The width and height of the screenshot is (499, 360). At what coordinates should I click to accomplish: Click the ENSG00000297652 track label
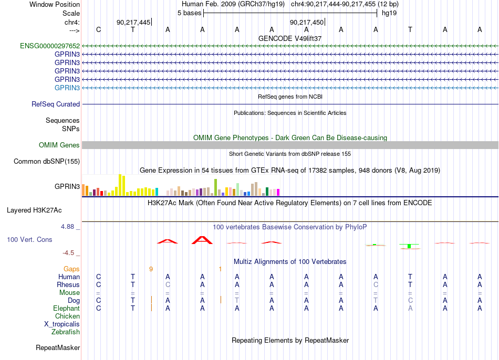click(x=50, y=46)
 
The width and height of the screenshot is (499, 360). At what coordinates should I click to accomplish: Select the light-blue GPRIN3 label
click(x=67, y=88)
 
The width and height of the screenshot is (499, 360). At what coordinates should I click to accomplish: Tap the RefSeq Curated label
click(x=56, y=104)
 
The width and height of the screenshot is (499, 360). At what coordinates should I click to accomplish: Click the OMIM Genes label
click(x=59, y=145)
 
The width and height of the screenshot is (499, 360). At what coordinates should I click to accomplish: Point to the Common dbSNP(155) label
click(x=47, y=161)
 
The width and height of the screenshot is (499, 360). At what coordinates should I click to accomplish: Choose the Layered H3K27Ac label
click(x=34, y=210)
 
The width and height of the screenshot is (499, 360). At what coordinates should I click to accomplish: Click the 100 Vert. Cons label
click(x=29, y=239)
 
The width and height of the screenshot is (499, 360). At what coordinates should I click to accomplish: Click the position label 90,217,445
click(x=133, y=22)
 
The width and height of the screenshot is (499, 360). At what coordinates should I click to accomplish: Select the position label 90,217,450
click(x=306, y=22)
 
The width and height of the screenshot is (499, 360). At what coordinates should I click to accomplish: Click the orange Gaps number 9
click(x=151, y=269)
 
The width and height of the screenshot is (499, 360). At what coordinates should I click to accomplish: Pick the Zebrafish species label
click(x=66, y=332)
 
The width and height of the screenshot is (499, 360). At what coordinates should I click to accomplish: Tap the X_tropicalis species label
click(x=62, y=324)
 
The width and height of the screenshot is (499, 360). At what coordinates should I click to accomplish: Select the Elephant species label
click(x=67, y=308)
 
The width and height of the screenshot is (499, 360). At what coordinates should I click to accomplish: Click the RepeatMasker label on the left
click(x=58, y=347)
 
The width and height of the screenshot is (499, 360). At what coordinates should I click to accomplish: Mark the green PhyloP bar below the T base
click(x=410, y=246)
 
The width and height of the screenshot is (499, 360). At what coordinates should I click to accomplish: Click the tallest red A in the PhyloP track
click(x=202, y=240)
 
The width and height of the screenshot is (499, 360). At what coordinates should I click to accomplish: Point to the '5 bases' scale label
click(x=189, y=13)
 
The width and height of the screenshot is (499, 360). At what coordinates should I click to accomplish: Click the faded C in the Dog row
click(x=410, y=300)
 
